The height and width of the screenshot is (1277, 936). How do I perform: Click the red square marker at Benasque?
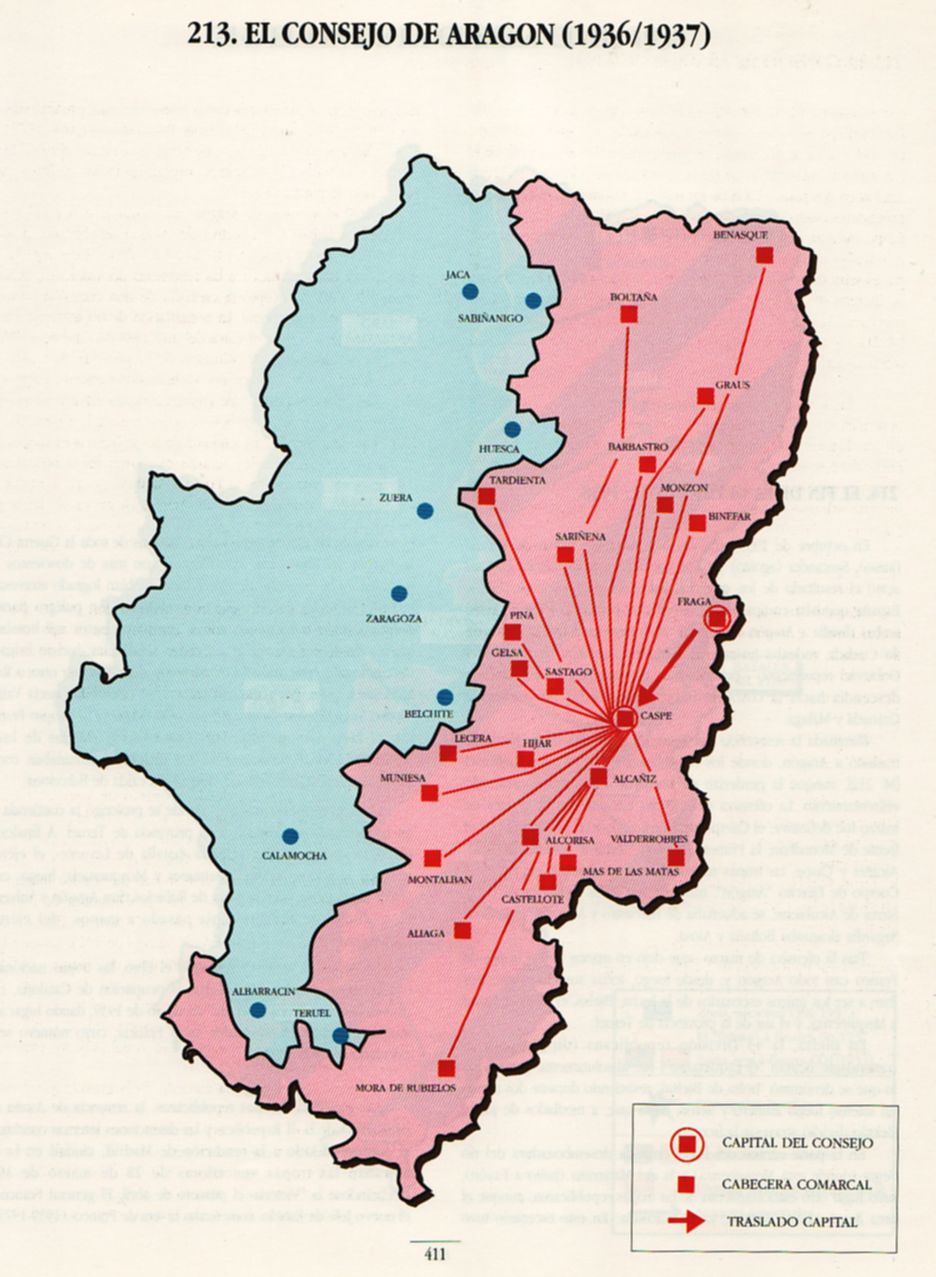tap(764, 255)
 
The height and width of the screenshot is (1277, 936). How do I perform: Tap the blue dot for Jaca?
tap(470, 292)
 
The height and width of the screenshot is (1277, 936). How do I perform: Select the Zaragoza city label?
tap(393, 619)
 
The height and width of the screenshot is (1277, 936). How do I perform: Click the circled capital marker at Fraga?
tap(717, 619)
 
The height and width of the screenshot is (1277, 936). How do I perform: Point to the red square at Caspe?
tap(625, 718)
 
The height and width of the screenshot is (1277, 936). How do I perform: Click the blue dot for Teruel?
tap(340, 1035)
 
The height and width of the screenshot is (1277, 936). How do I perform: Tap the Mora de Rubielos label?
tap(405, 1088)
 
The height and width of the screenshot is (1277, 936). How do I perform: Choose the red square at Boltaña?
tap(629, 314)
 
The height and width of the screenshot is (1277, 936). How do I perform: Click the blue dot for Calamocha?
tap(291, 837)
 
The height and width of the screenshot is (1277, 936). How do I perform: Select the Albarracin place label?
tap(264, 991)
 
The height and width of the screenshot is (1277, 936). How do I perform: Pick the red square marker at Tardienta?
tap(486, 497)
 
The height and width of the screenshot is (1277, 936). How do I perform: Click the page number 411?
tap(435, 1254)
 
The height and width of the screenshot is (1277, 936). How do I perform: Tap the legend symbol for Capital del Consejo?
tap(687, 1144)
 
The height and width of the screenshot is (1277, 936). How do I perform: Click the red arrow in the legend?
tap(687, 1221)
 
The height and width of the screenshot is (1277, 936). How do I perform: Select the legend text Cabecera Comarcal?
tap(796, 1184)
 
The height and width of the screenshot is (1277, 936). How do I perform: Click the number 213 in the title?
tap(210, 35)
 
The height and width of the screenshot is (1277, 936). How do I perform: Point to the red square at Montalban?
tap(432, 858)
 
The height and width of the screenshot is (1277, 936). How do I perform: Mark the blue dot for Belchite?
tap(445, 697)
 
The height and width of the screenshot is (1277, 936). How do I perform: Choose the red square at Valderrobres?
tap(676, 857)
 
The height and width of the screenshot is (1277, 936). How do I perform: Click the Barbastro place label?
tap(638, 447)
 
